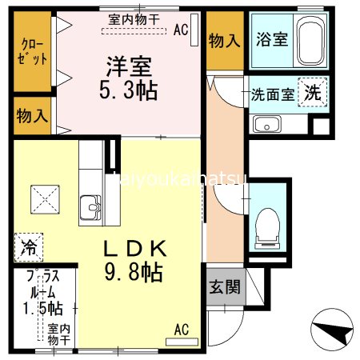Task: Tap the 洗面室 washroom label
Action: (x=273, y=93)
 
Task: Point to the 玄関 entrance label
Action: (x=225, y=286)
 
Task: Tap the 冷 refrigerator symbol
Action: (x=26, y=246)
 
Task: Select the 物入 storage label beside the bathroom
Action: (x=224, y=39)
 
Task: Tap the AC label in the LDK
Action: (x=182, y=329)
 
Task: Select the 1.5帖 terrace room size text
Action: (x=43, y=307)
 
